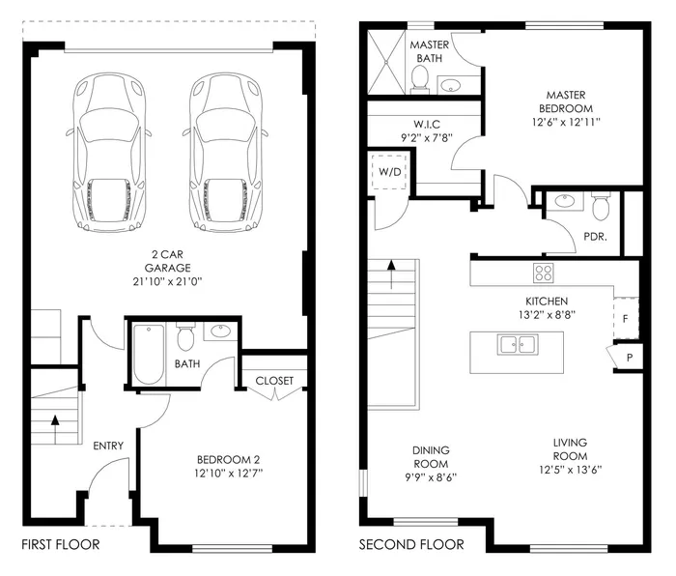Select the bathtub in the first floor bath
tap(148, 354)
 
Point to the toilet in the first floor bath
tap(186, 338)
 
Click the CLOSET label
tap(274, 381)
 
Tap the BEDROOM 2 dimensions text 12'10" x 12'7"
tap(229, 473)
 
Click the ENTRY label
tap(108, 446)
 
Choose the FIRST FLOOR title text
tap(60, 545)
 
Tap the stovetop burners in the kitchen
tap(544, 273)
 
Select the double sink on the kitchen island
tap(516, 344)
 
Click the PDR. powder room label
tap(595, 235)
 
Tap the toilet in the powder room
tap(600, 205)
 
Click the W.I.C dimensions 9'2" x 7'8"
tap(427, 137)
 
